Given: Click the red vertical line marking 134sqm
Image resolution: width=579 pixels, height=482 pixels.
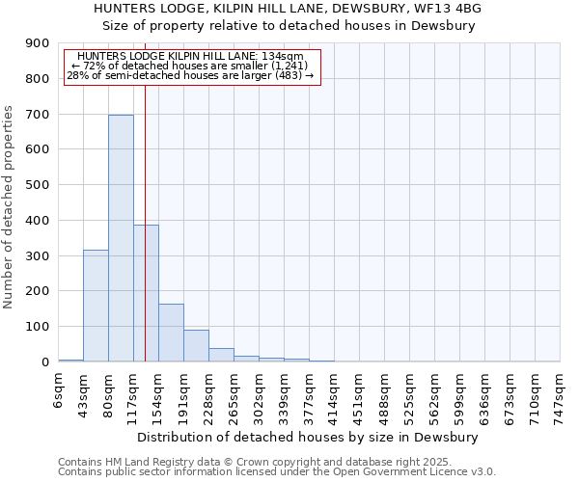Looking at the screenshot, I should (145, 193).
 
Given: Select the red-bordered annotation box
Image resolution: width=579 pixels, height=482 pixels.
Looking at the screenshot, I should (191, 67).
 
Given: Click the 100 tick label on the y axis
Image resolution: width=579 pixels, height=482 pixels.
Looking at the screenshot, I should (38, 327).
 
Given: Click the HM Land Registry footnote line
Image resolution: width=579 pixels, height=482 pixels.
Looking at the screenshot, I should (241, 462).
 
